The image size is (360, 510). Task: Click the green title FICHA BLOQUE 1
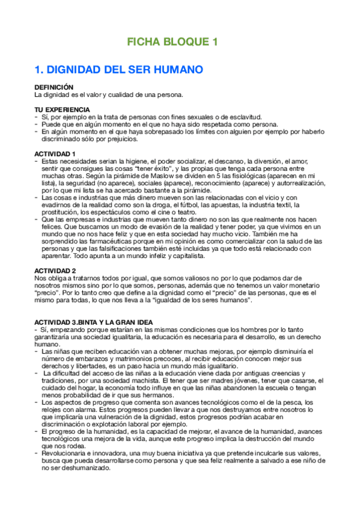171,42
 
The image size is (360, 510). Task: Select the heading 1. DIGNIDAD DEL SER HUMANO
118,70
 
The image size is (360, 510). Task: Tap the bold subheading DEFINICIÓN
53,88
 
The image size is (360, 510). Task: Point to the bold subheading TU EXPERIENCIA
62,109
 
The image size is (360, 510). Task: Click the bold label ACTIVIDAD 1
55,154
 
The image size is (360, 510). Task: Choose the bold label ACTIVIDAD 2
55,271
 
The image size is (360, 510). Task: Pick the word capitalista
185,256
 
